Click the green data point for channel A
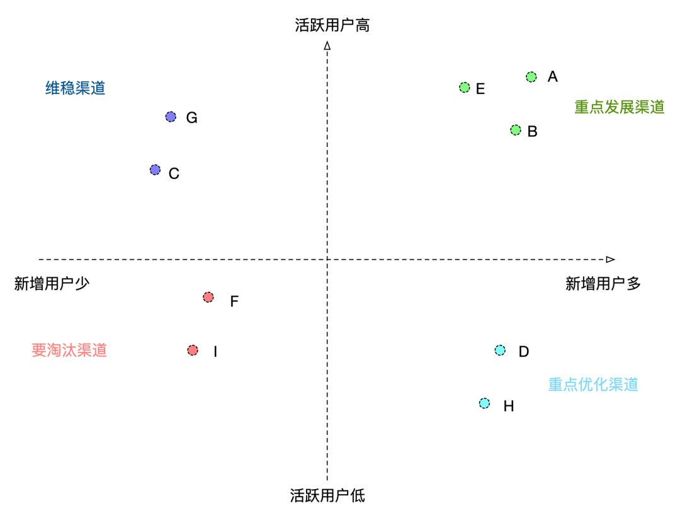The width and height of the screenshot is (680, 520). point(531,77)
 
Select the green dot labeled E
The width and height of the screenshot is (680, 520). point(465,88)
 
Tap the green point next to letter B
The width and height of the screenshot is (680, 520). point(516,130)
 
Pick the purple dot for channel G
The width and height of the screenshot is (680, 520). point(171,117)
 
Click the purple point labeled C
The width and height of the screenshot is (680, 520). point(156,170)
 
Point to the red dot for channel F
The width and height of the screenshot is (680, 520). point(208,298)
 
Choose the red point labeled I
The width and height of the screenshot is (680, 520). point(193,350)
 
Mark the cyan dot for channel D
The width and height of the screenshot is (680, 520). point(500,350)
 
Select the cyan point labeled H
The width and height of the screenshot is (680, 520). point(484,403)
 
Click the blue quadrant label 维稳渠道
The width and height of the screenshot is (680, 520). point(75,88)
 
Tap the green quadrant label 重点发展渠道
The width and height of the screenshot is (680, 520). point(619,107)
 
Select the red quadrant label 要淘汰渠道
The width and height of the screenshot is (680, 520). point(69,350)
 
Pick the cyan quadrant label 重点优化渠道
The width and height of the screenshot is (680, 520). point(592,384)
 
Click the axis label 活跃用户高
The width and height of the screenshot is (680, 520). point(332,25)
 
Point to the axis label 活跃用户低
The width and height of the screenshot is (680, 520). point(327,495)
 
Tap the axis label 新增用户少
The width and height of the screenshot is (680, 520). point(52,284)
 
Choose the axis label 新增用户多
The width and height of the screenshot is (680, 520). point(603,284)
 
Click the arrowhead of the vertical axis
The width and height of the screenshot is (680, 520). point(327,45)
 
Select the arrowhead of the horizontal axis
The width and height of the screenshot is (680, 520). point(609,259)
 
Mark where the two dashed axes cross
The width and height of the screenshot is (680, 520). point(327,259)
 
